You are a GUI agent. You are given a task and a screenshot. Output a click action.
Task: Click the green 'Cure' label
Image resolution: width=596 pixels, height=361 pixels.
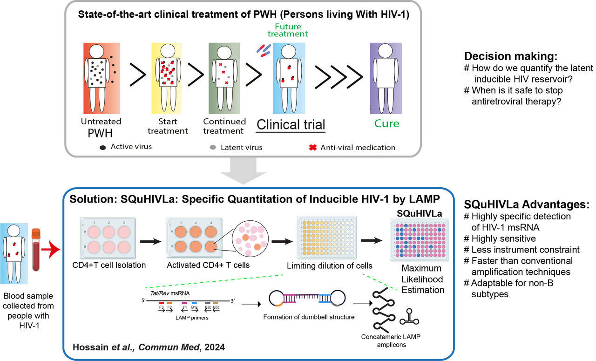[387, 124]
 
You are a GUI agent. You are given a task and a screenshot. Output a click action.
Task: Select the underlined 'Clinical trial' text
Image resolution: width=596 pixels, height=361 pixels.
[291, 124]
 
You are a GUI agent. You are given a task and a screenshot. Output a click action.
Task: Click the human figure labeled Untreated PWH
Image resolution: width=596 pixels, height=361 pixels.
[98, 77]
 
